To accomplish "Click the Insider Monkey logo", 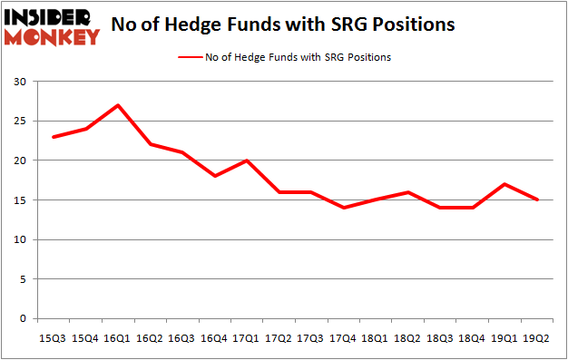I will (x=53, y=27).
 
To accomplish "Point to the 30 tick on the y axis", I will (x=19, y=82).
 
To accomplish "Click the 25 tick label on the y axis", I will (x=19, y=122).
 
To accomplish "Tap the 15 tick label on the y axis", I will (x=19, y=200).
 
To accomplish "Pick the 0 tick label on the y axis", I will (x=23, y=319).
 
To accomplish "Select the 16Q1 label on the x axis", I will (x=118, y=337).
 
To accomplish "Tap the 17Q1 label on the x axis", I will (x=247, y=337).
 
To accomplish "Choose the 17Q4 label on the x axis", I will (x=344, y=337).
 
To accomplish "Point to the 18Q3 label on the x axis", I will (x=441, y=337).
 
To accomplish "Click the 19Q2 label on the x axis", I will (x=538, y=337).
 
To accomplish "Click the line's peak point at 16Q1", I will (x=118, y=105).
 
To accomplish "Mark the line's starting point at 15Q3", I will (x=54, y=137).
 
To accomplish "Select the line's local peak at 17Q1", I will (x=247, y=161).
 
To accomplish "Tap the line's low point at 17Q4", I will (x=344, y=208).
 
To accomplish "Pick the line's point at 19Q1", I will (x=505, y=184).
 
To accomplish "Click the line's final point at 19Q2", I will (x=538, y=200).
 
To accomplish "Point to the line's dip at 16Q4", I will (x=215, y=176).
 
